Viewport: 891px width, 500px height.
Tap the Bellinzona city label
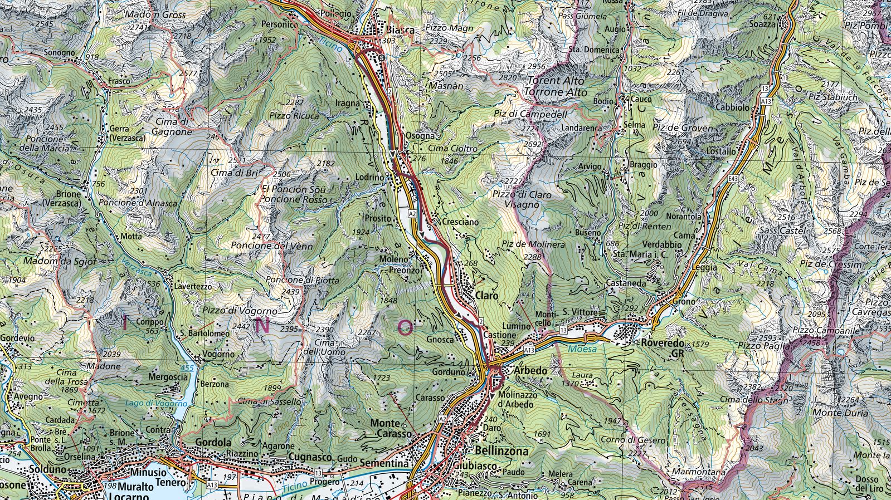tap(502, 451)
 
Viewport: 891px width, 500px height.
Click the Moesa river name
tap(582, 349)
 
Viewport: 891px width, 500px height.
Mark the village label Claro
tap(486, 296)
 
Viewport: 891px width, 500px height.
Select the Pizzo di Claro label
tap(522, 194)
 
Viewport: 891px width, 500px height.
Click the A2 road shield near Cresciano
tap(412, 213)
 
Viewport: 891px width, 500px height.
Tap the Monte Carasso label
tap(393, 428)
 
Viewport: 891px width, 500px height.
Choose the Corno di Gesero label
tap(633, 440)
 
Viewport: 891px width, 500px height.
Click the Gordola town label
tap(213, 442)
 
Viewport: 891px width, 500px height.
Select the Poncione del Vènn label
tap(271, 246)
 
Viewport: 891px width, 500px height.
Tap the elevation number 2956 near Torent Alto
tap(535, 66)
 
